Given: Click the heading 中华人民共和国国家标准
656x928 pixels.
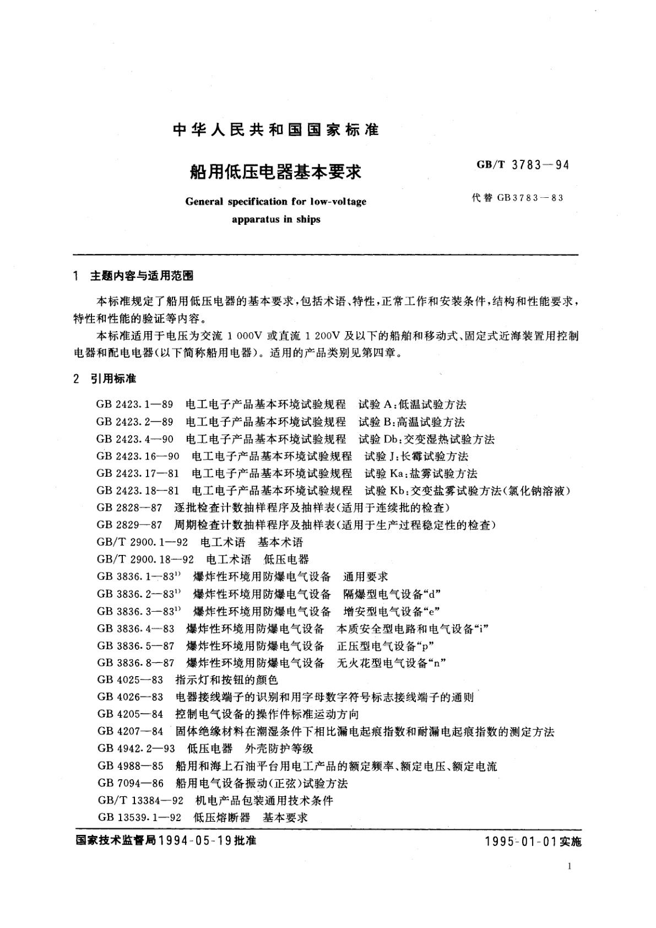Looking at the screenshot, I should [x=276, y=130].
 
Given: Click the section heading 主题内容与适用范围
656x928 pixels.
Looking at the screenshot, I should [x=142, y=277].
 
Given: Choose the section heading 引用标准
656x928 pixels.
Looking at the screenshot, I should [x=113, y=379].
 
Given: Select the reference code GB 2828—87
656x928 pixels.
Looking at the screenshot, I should [x=129, y=508].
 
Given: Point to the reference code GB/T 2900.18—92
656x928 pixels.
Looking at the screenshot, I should [x=145, y=559].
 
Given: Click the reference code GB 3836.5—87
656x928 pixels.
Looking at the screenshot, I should [x=135, y=645].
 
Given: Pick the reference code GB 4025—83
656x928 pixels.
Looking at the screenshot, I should [x=130, y=680].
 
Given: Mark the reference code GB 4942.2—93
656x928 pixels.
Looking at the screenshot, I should [x=135, y=748].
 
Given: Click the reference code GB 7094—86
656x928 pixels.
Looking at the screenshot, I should [x=130, y=783].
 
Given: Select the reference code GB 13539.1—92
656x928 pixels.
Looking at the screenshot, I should [x=139, y=817].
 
